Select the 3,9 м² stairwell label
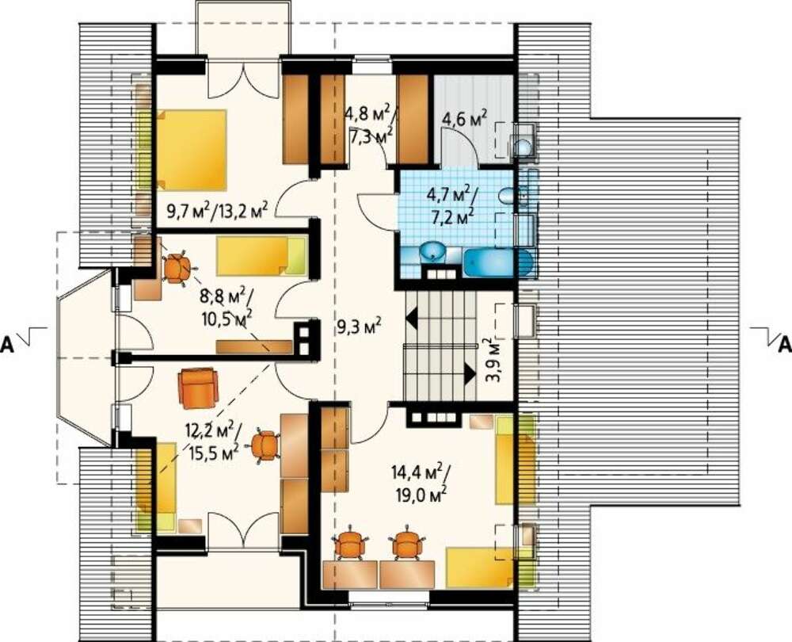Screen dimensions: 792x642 pos(493,360)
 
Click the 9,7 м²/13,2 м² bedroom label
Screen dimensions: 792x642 pos(217,208)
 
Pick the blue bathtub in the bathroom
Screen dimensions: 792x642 pos(498,263)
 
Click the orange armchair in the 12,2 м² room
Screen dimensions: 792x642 pos(199,388)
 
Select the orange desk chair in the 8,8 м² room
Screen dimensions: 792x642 pos(177,269)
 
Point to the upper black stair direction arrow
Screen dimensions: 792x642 pos(412,319)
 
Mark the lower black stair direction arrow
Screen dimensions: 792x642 pos(470,375)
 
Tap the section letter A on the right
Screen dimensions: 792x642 pos(784,344)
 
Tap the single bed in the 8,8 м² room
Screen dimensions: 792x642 pos(261,256)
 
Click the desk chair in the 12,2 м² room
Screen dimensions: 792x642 pos(265,445)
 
